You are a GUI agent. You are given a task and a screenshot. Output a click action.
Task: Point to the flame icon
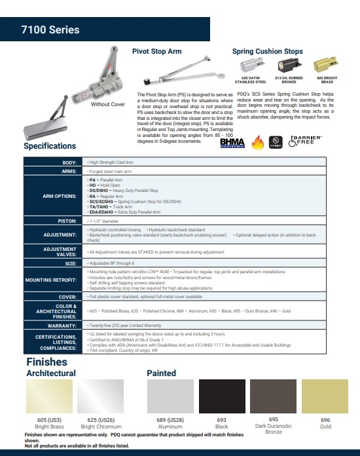click(256, 142)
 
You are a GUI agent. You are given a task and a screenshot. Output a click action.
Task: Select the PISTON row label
click(67, 221)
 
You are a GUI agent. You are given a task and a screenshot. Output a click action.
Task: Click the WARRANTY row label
click(63, 325)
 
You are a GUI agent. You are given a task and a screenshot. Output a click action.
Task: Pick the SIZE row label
click(71, 263)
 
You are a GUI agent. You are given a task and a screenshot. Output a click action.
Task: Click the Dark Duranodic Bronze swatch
click(273, 396)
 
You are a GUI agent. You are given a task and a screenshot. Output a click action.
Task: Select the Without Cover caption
click(108, 104)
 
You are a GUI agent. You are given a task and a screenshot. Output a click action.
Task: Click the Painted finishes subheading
click(161, 373)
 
